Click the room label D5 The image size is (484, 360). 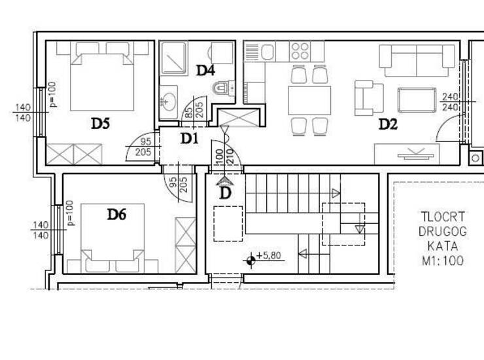pyautogui.click(x=100, y=124)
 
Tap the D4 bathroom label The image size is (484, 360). pyautogui.click(x=205, y=71)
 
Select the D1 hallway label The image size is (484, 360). pyautogui.click(x=189, y=139)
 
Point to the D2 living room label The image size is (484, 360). pyautogui.click(x=388, y=124)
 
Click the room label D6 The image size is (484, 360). pyautogui.click(x=116, y=214)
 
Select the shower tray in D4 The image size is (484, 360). pyautogui.click(x=174, y=58)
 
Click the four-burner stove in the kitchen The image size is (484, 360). pyautogui.click(x=300, y=51)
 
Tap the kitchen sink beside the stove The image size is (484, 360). pyautogui.click(x=268, y=52)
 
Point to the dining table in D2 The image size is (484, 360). pyautogui.click(x=309, y=100)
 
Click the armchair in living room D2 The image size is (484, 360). pyautogui.click(x=369, y=98)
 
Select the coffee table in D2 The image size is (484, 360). pyautogui.click(x=417, y=100)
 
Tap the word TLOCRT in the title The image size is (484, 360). pyautogui.click(x=443, y=217)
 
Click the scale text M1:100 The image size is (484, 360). pyautogui.click(x=443, y=261)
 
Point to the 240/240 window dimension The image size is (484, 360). pyautogui.click(x=450, y=102)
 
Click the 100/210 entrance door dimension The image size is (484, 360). pyautogui.click(x=224, y=156)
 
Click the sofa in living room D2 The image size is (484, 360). pyautogui.click(x=417, y=61)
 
